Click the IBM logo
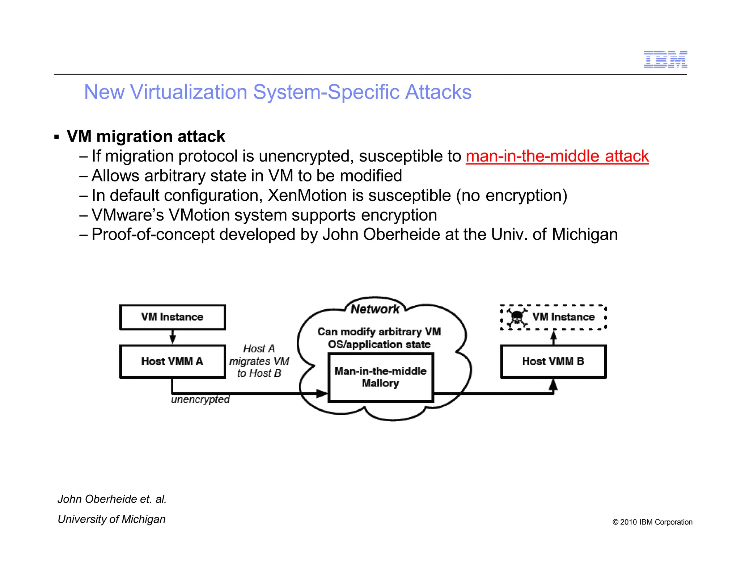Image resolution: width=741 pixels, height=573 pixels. click(x=665, y=59)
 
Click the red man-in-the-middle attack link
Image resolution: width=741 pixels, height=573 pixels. click(x=557, y=156)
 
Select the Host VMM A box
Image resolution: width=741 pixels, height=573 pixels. click(x=173, y=361)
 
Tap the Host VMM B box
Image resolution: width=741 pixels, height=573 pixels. click(x=553, y=361)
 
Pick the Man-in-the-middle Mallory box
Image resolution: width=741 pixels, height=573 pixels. click(x=380, y=377)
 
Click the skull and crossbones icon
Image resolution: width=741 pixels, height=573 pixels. click(x=517, y=317)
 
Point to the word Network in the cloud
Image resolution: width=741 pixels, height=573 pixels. click(x=375, y=309)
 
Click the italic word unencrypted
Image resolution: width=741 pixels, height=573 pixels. click(x=200, y=400)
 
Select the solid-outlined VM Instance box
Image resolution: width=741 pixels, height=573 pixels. click(x=173, y=317)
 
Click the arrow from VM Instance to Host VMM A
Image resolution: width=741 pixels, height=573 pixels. click(x=173, y=337)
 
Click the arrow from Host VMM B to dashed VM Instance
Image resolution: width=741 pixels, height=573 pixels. click(x=553, y=338)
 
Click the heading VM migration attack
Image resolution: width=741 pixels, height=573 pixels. click(x=146, y=137)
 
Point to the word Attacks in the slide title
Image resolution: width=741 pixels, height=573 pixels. click(x=438, y=92)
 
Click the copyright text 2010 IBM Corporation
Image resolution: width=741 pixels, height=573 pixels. click(x=652, y=522)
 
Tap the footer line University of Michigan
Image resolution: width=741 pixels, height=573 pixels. click(x=111, y=519)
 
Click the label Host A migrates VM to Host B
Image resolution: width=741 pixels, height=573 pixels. click(x=259, y=361)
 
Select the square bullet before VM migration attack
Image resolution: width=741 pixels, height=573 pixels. click(x=56, y=137)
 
